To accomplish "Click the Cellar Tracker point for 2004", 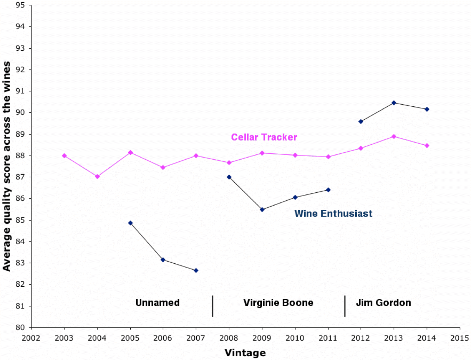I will coord(97,176).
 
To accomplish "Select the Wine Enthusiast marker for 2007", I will coord(196,270).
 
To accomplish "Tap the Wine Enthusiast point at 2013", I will coord(394,103).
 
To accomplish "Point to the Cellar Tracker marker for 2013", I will coord(394,136).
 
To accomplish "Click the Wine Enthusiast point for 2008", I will coord(229,177).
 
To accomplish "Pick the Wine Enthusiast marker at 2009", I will coord(262,209).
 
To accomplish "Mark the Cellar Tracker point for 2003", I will coord(64,156).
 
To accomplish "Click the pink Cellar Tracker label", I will coord(264,137).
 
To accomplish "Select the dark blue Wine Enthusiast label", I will coord(333,214).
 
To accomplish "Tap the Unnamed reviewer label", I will coord(157,303).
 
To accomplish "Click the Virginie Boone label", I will coord(278,303).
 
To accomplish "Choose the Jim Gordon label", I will coord(383,303).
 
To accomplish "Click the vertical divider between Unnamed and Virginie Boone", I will coord(213,306).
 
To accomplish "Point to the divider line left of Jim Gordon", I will coord(345,306).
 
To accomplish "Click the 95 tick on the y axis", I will coord(20,5).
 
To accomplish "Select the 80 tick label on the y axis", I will coord(20,327).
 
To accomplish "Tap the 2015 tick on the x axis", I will coord(459,338).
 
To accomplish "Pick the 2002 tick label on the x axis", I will coord(31,338).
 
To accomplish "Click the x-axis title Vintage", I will coord(245,353).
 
